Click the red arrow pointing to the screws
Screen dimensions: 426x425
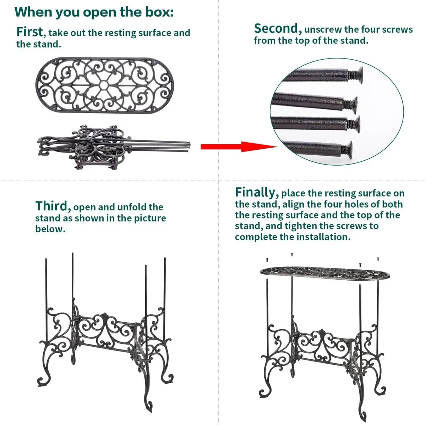239,147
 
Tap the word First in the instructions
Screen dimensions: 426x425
29,32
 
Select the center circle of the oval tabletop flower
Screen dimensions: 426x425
104,84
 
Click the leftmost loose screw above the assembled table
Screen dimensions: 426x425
267,260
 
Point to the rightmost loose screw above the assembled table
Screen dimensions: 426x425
378,259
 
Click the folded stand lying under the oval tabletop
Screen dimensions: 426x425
113,147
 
